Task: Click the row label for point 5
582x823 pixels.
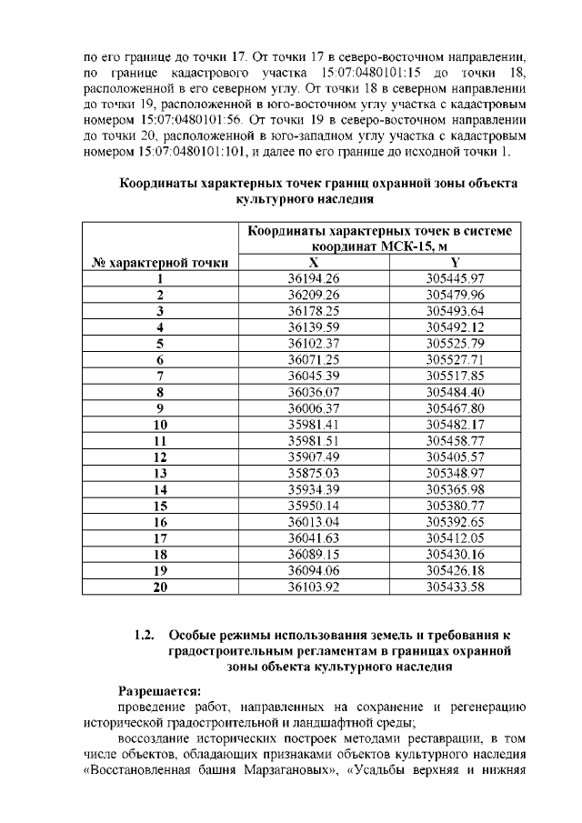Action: click(x=160, y=344)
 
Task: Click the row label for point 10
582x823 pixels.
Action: click(x=160, y=425)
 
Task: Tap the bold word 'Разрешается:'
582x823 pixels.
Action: click(x=160, y=690)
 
